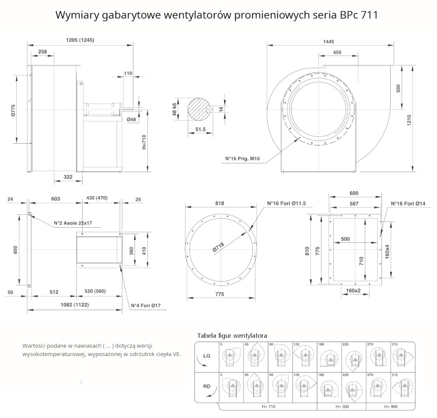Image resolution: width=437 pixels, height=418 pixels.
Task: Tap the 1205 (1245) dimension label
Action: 80,40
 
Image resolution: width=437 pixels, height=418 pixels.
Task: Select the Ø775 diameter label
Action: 13,111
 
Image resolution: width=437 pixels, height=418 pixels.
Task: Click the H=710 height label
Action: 144,142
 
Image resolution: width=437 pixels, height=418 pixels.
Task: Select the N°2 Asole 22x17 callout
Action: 73,223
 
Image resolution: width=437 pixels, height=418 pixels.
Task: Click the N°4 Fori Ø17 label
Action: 146,305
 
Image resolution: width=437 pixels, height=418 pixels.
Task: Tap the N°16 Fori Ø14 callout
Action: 408,204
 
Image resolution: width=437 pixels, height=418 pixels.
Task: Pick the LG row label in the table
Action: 207,356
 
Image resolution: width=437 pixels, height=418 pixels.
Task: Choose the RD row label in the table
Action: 207,387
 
